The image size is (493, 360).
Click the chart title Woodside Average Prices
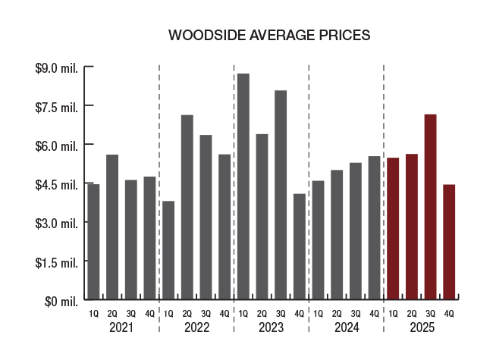[x=268, y=36]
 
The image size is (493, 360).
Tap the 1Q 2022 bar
[x=168, y=250]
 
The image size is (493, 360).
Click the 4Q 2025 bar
[x=449, y=242]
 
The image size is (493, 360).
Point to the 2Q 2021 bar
[x=112, y=227]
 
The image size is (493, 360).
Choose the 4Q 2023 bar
[x=300, y=246]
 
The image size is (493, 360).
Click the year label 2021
[x=121, y=328]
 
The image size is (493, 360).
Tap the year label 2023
[x=271, y=328]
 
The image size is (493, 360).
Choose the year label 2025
[x=421, y=328]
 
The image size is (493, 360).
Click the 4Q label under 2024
[x=374, y=314]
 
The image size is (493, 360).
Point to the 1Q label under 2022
[x=168, y=314]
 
